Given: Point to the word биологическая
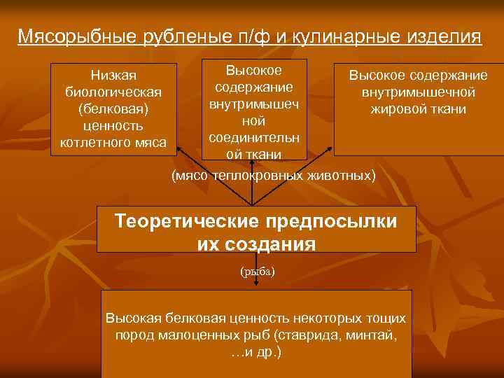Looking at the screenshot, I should [x=113, y=92].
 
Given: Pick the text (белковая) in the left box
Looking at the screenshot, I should [x=113, y=109].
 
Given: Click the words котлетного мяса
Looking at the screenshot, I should [x=113, y=143].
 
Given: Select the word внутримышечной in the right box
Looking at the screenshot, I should [x=419, y=92].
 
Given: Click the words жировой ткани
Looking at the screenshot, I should [x=419, y=109].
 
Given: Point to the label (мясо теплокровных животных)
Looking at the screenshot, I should [x=274, y=174].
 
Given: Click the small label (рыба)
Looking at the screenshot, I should [x=255, y=270].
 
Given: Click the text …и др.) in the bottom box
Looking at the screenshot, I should [x=255, y=351].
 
